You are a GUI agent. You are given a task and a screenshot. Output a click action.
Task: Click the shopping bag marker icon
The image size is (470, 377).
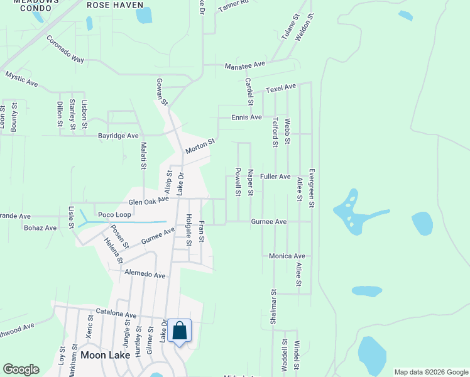[x=179, y=331]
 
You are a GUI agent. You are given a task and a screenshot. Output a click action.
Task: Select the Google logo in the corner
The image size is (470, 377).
[x=21, y=369]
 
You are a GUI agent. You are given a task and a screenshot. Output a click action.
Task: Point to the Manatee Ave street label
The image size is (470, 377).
[x=246, y=65]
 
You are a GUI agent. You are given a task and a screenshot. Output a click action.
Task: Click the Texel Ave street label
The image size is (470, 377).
[x=280, y=88]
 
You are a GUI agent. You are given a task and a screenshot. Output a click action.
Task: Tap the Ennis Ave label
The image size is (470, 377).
[x=246, y=117]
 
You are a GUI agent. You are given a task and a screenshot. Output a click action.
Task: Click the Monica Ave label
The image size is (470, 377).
[x=287, y=256]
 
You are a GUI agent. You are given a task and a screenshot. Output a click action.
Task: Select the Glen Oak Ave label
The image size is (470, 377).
[x=149, y=200]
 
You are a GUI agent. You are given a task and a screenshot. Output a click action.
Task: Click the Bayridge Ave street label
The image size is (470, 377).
[x=118, y=136]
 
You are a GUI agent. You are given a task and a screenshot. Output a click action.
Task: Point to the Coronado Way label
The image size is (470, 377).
[x=65, y=48]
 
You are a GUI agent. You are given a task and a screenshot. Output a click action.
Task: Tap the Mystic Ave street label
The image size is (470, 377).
[x=22, y=79]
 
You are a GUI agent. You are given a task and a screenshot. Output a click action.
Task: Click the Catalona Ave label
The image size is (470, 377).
[x=116, y=315]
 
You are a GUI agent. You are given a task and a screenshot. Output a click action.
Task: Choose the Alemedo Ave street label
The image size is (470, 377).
[x=145, y=275]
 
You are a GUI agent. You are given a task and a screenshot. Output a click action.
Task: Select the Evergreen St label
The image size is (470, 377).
[x=311, y=188]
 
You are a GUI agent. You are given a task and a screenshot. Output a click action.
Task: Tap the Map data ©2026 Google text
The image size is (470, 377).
[x=430, y=372]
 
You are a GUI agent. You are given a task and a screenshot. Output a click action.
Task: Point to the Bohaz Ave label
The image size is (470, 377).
[x=40, y=227]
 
